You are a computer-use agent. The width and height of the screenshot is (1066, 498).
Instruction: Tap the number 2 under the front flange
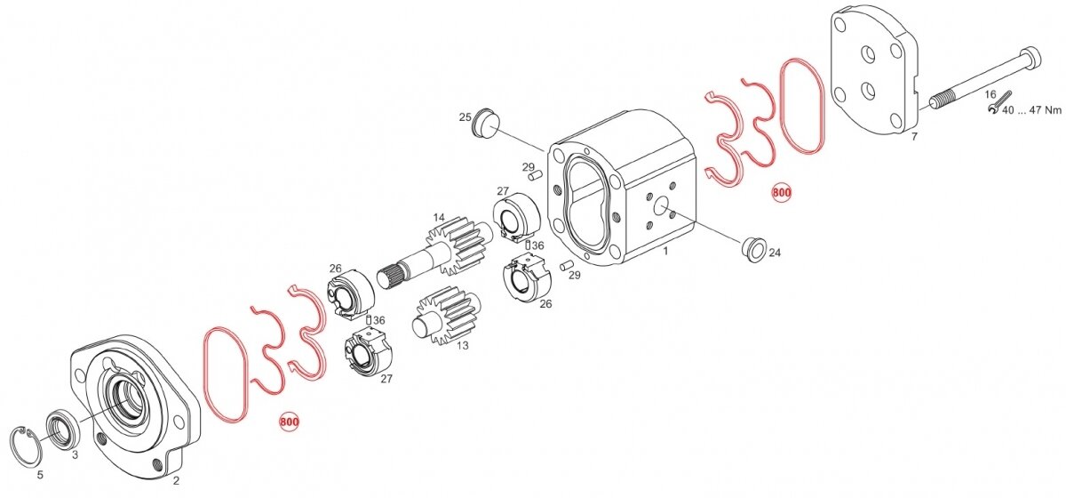point(176,481)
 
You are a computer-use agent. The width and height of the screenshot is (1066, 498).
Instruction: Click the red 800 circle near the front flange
point(290,422)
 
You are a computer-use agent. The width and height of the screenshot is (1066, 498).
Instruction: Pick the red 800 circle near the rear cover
point(782,192)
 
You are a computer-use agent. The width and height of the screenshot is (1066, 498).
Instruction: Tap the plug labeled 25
point(485,123)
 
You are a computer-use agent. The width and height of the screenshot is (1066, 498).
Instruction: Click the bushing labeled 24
point(754,248)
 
